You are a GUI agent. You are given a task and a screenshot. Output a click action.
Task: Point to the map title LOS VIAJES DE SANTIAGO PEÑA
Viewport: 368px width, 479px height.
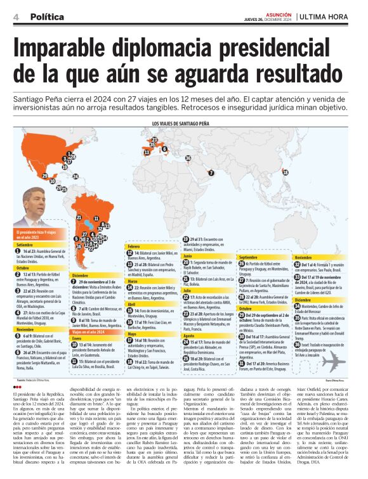tap(183, 124)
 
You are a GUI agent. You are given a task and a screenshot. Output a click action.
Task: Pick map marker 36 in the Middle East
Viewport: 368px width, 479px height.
tap(187, 157)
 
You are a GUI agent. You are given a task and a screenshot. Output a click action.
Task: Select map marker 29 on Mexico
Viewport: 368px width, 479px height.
tap(44, 175)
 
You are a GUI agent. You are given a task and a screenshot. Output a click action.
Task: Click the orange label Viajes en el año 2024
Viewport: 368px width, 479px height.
tap(89, 331)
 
